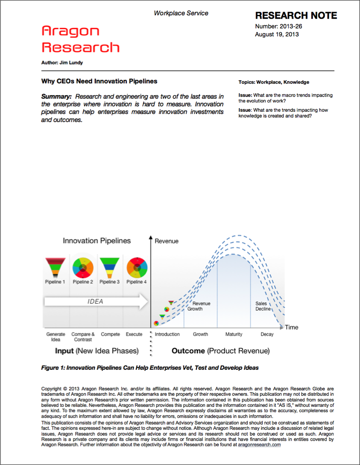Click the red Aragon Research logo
81,39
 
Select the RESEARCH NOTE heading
296,16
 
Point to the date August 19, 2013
277,34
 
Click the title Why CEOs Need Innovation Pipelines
99,81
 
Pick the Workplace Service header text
181,13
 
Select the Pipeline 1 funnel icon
55,267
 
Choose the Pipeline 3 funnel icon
109,267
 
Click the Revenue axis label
166,241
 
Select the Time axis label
291,327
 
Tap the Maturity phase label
234,334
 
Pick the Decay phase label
267,334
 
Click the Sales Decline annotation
263,306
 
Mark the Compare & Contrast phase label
83,337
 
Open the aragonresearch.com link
259,445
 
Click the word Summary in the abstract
57,96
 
